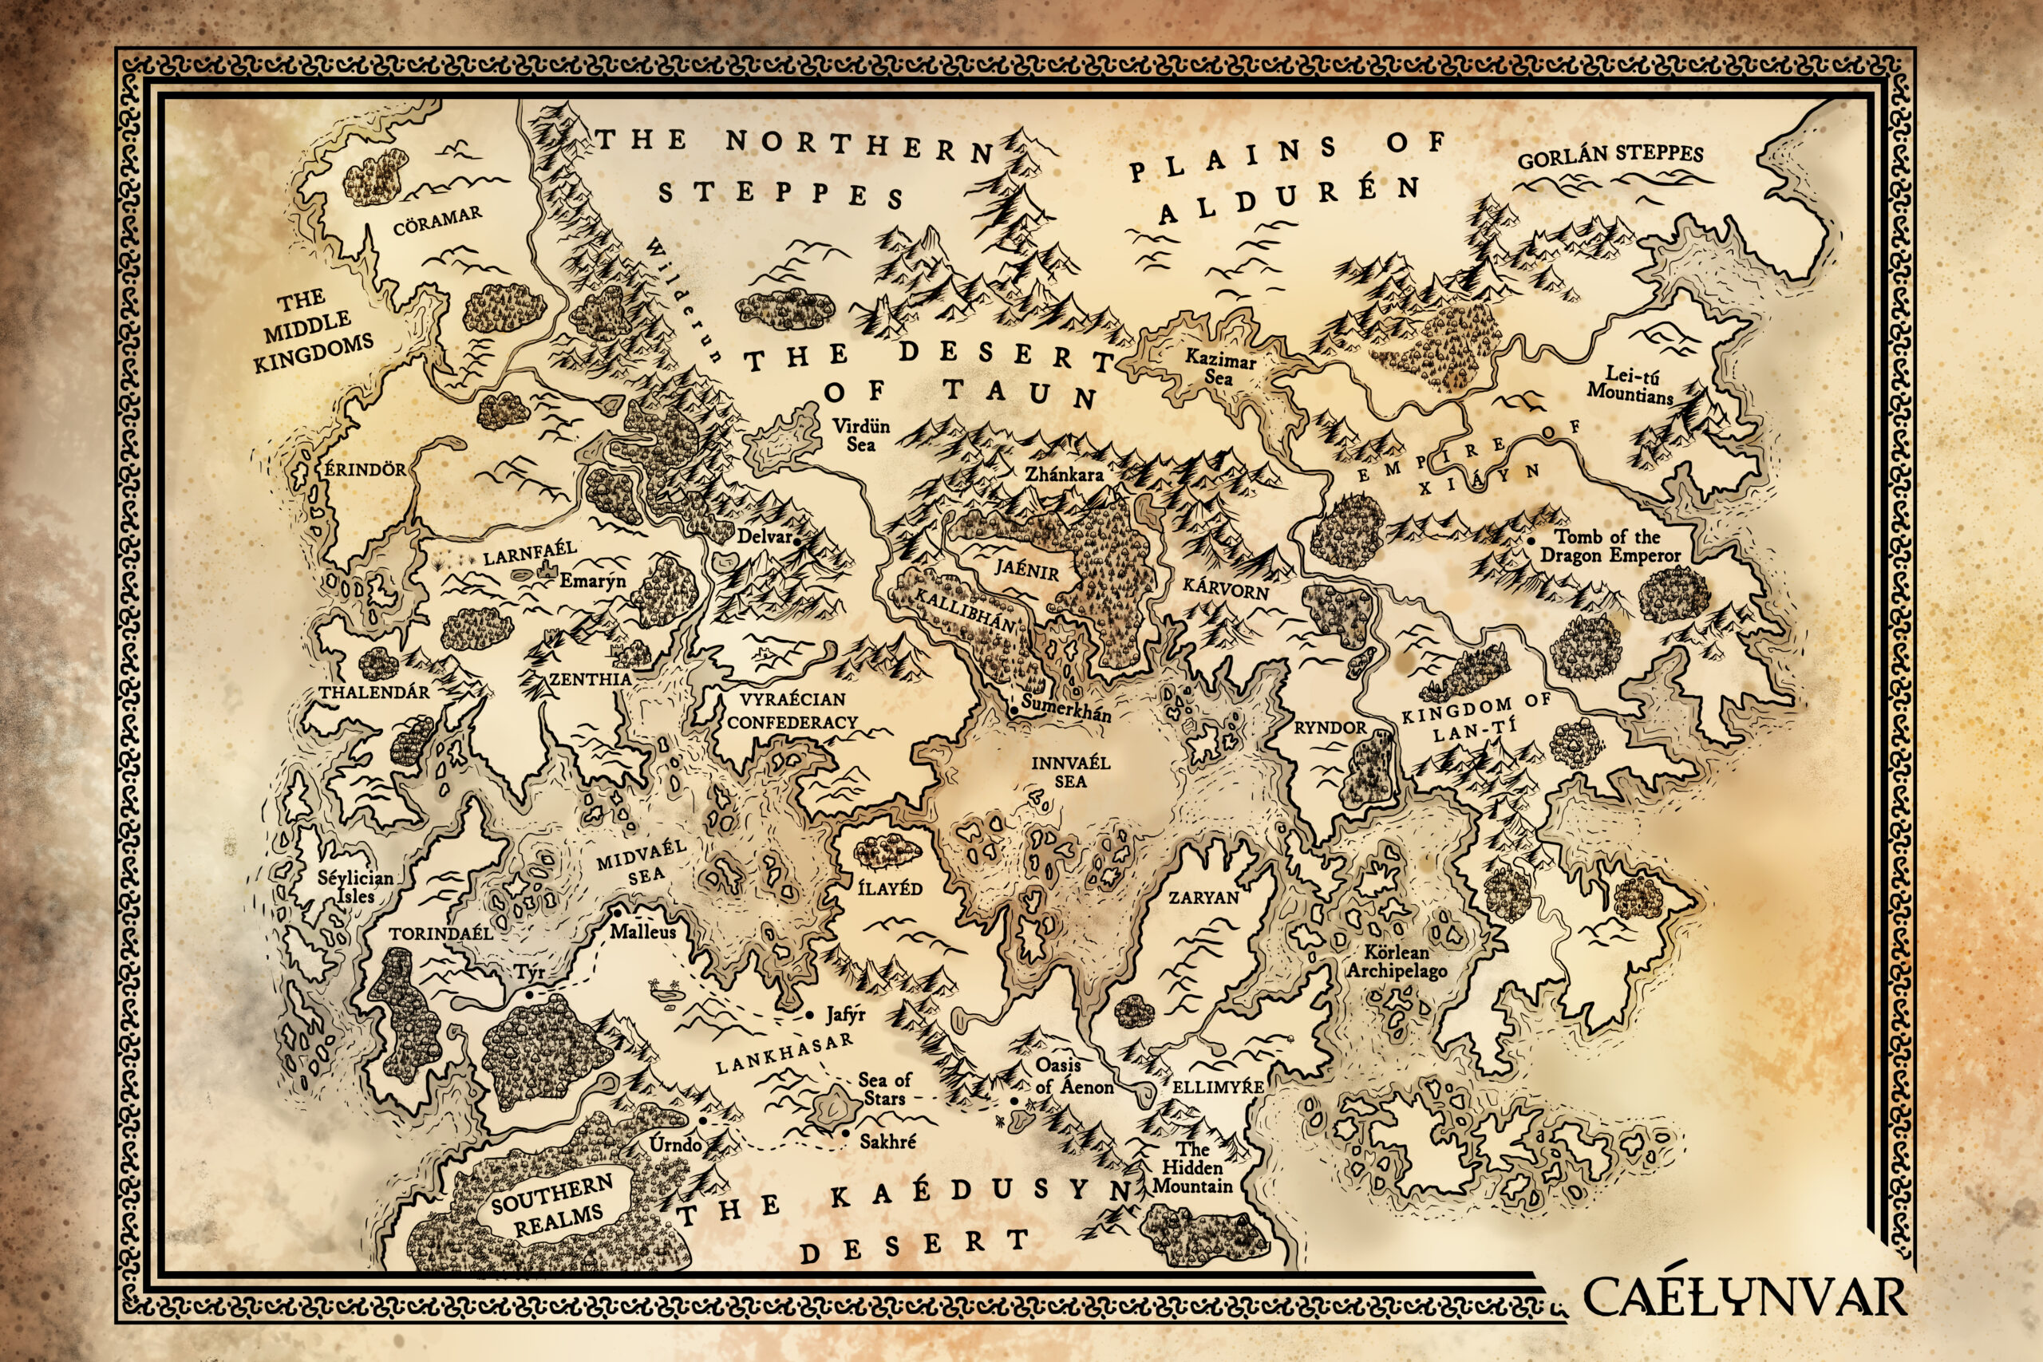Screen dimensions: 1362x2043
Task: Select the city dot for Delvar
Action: pyautogui.click(x=795, y=539)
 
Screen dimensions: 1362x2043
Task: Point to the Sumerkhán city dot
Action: pyautogui.click(x=1014, y=712)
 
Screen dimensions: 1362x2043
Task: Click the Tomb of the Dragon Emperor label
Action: pyautogui.click(x=1610, y=547)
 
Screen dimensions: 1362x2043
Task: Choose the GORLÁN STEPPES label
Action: pyautogui.click(x=1610, y=156)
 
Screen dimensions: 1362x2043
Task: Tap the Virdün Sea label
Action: pyautogui.click(x=861, y=435)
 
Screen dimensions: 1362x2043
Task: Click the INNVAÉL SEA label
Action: pyautogui.click(x=1070, y=772)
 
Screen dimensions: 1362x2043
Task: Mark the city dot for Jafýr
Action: pyautogui.click(x=808, y=1015)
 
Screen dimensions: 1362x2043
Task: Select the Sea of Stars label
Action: pyautogui.click(x=885, y=1088)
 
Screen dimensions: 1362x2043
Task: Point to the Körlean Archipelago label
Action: pyautogui.click(x=1397, y=961)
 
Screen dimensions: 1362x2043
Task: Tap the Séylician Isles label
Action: pyautogui.click(x=355, y=887)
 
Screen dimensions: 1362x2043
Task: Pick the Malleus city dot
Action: pyautogui.click(x=616, y=913)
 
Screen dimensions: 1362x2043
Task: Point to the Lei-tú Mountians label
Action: pyautogui.click(x=1631, y=385)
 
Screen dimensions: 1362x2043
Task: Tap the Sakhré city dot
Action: pyautogui.click(x=844, y=1134)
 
